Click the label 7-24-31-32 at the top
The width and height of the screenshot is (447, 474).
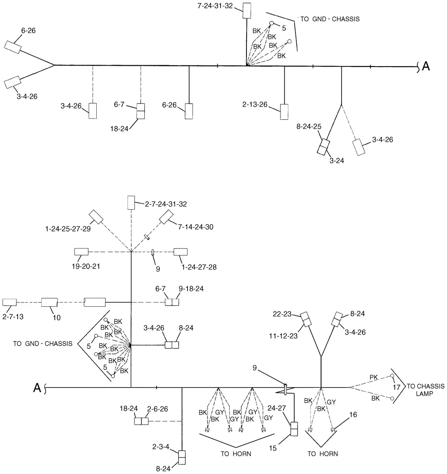point(215,6)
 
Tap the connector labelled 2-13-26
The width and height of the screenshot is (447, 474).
point(284,112)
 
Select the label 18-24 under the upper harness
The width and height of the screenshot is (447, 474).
point(119,129)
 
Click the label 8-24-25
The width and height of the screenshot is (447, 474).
point(309,126)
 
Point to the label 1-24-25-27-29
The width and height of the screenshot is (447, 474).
point(68,229)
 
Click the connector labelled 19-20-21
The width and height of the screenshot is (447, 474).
point(81,251)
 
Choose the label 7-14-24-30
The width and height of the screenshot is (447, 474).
point(195,227)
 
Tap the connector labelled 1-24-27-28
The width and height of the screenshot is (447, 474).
point(180,252)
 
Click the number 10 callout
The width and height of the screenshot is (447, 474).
point(57,318)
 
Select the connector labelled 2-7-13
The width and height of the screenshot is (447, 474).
point(9,302)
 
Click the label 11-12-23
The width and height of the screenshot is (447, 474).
point(283,336)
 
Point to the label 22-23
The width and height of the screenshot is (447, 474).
point(282,314)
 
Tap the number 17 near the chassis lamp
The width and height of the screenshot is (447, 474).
point(396,387)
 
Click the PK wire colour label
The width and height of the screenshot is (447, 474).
point(373,377)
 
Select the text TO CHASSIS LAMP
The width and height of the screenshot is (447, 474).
point(426,389)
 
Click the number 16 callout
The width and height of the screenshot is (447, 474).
point(353,415)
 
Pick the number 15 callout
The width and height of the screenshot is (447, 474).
point(273,448)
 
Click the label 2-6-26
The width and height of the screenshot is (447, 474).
point(157,409)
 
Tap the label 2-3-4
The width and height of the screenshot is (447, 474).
point(161,446)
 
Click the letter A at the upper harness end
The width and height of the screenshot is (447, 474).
point(426,66)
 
